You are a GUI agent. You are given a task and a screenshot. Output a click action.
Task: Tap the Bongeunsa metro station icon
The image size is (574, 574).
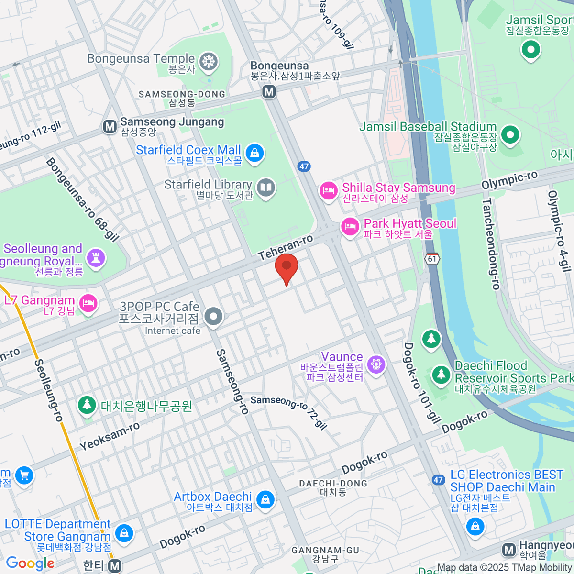(269, 91)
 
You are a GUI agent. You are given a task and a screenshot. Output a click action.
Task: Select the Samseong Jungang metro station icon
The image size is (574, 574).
(110, 127)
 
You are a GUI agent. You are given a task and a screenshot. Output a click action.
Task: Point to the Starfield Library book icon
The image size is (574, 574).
(265, 188)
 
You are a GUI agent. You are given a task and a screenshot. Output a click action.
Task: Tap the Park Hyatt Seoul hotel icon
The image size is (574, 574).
(350, 227)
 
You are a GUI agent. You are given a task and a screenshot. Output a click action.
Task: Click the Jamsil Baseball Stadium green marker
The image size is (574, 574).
(510, 135)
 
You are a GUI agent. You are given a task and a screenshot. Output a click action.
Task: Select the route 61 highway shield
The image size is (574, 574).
(432, 259)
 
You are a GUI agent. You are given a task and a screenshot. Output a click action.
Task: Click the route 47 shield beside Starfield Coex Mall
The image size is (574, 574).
(304, 166)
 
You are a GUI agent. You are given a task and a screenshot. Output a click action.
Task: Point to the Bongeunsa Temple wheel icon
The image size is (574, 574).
(209, 62)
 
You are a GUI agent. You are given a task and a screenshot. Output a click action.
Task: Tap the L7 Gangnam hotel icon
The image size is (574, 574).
(88, 303)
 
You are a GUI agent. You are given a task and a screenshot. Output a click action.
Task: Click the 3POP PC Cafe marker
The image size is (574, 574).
(213, 316)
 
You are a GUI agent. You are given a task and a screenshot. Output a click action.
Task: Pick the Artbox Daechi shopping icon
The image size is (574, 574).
(265, 500)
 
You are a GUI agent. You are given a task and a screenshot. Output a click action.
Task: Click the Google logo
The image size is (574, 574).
(30, 563)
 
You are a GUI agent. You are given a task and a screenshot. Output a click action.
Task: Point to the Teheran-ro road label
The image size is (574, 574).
(286, 247)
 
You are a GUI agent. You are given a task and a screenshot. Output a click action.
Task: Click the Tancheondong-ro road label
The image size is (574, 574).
(491, 244)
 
